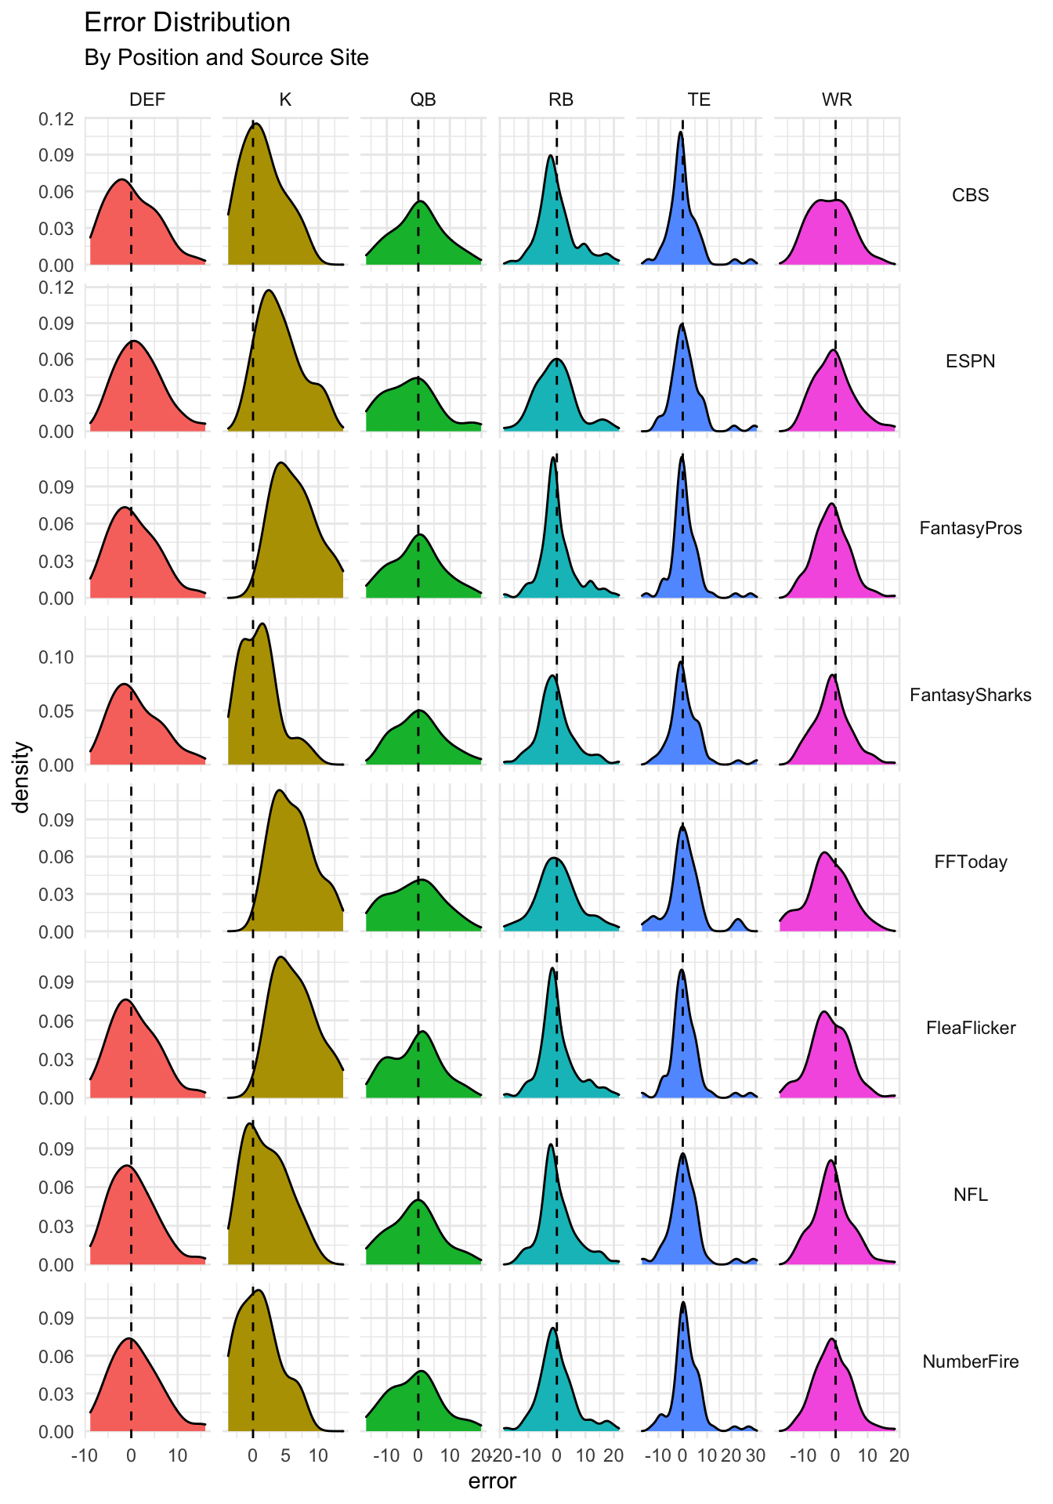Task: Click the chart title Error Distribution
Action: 187,23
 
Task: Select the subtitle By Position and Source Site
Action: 226,58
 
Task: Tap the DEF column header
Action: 147,99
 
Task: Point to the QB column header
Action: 423,99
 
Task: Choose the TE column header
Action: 699,99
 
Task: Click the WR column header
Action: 837,99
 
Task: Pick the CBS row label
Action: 970,195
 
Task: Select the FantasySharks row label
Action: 970,695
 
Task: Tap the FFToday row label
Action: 970,862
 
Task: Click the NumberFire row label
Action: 970,1361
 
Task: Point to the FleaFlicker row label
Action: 970,1028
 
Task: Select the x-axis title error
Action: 492,1481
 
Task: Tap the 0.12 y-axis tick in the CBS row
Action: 56,119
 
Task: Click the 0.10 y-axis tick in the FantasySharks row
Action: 56,656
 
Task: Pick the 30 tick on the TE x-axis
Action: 754,1456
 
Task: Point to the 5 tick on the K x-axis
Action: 286,1456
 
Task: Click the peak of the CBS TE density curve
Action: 680,132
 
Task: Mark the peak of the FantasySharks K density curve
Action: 262,624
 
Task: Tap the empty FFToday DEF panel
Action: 147,858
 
